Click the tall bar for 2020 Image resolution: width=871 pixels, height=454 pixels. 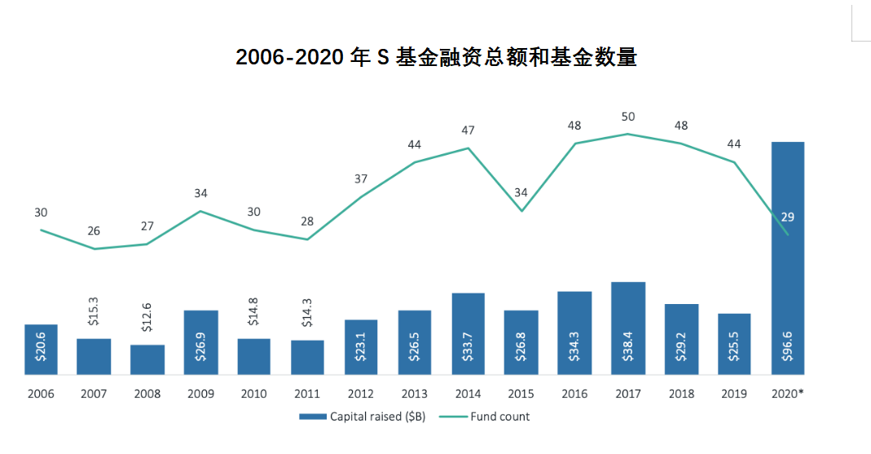pos(787,258)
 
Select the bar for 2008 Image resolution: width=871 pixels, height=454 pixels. pos(147,359)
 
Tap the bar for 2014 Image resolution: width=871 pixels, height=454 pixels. pos(468,333)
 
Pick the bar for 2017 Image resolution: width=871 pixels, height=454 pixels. pos(627,328)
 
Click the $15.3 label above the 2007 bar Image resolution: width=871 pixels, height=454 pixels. pos(94,315)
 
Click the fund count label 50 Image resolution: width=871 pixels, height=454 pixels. pos(627,117)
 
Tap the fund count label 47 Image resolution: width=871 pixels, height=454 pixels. pos(468,130)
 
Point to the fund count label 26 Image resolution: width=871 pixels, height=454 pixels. pos(94,231)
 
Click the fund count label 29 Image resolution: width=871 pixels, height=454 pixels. pos(787,217)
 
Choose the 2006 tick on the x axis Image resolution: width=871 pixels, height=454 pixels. pos(41,394)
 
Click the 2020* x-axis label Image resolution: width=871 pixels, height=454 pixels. pos(787,394)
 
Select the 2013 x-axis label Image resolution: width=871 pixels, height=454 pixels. pos(414,394)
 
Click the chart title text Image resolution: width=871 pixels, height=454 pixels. pos(435,58)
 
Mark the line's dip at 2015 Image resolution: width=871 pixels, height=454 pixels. pos(521,211)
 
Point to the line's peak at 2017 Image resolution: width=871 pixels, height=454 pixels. pos(627,134)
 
